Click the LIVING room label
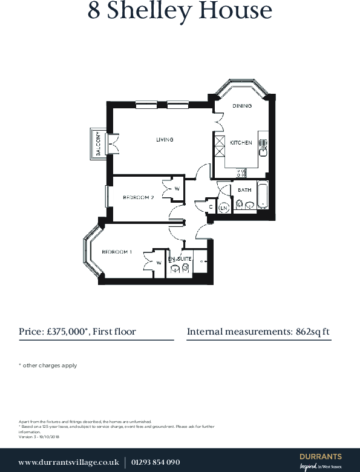(x=165, y=140)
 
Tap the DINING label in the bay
(x=242, y=106)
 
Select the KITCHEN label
(x=241, y=143)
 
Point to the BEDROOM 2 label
(x=139, y=197)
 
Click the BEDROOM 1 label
(x=117, y=252)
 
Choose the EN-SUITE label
(x=180, y=259)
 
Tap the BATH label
(x=244, y=190)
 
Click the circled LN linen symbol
(x=223, y=208)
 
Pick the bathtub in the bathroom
(x=263, y=195)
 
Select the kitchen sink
(x=263, y=144)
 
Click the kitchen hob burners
(x=241, y=172)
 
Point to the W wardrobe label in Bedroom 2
(x=177, y=189)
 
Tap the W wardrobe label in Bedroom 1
(x=158, y=263)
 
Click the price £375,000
(x=68, y=332)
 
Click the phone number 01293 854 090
(x=156, y=462)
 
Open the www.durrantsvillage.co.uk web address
(x=68, y=462)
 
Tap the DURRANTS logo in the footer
(x=321, y=457)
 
